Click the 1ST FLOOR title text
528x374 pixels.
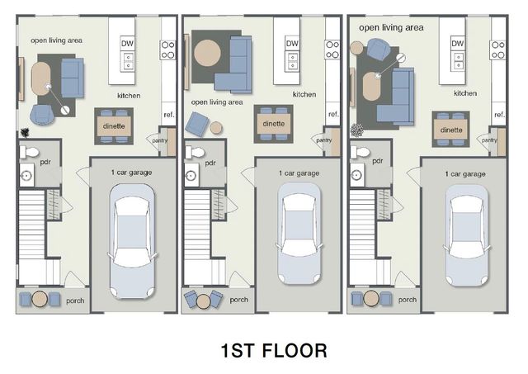(x=273, y=350)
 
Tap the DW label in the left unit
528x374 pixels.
(x=128, y=43)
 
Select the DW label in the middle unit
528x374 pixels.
(x=292, y=43)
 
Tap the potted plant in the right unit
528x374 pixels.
(x=357, y=130)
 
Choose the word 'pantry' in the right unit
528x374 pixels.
(x=489, y=140)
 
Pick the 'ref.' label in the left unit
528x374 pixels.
(x=168, y=114)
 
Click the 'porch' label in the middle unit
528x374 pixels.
(x=239, y=300)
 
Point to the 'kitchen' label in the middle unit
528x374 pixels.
(x=304, y=94)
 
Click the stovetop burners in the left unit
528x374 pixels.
(x=167, y=50)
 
